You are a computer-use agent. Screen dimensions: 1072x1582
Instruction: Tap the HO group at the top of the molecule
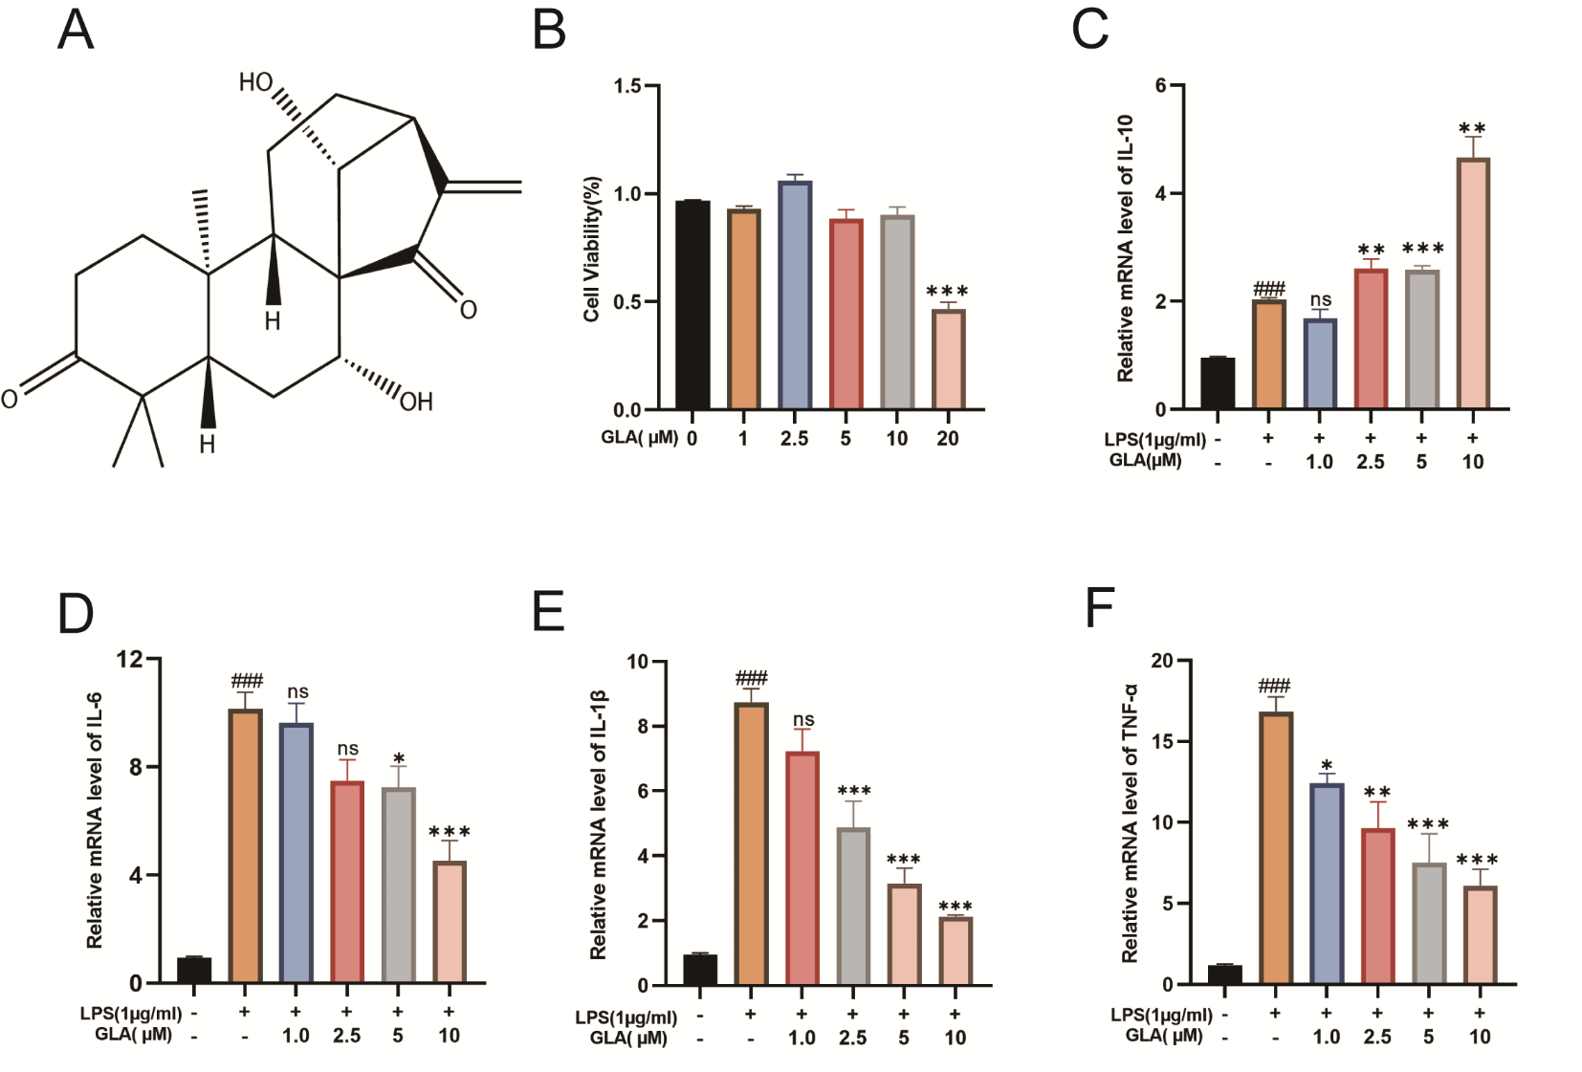255,83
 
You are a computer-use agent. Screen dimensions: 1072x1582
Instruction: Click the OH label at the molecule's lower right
416,402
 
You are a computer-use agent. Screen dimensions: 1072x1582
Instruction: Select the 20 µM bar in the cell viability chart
948,360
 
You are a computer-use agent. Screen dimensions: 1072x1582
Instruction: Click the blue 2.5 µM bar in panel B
795,295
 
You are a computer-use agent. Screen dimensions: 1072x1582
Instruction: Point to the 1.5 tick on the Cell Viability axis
627,86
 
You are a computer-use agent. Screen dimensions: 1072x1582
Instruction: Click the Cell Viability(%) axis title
592,249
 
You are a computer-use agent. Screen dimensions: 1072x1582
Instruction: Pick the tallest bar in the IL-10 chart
1472,284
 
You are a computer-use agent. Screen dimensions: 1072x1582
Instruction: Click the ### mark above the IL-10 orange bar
1268,289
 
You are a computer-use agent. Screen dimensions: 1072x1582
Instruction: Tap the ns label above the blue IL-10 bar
1320,300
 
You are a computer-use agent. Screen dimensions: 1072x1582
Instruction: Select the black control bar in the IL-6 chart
194,970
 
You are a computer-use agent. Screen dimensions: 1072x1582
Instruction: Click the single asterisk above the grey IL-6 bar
398,759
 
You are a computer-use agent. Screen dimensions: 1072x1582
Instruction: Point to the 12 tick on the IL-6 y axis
129,659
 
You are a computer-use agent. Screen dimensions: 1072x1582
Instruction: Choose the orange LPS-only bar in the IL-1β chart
751,843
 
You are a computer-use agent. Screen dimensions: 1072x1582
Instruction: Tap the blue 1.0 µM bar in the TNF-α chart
1326,884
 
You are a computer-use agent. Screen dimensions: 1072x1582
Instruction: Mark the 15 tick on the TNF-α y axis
1161,741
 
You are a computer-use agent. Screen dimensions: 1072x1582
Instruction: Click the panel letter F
1100,608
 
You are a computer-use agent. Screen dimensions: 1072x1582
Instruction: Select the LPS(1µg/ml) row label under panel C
1154,440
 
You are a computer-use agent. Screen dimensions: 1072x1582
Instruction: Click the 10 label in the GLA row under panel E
955,1039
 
